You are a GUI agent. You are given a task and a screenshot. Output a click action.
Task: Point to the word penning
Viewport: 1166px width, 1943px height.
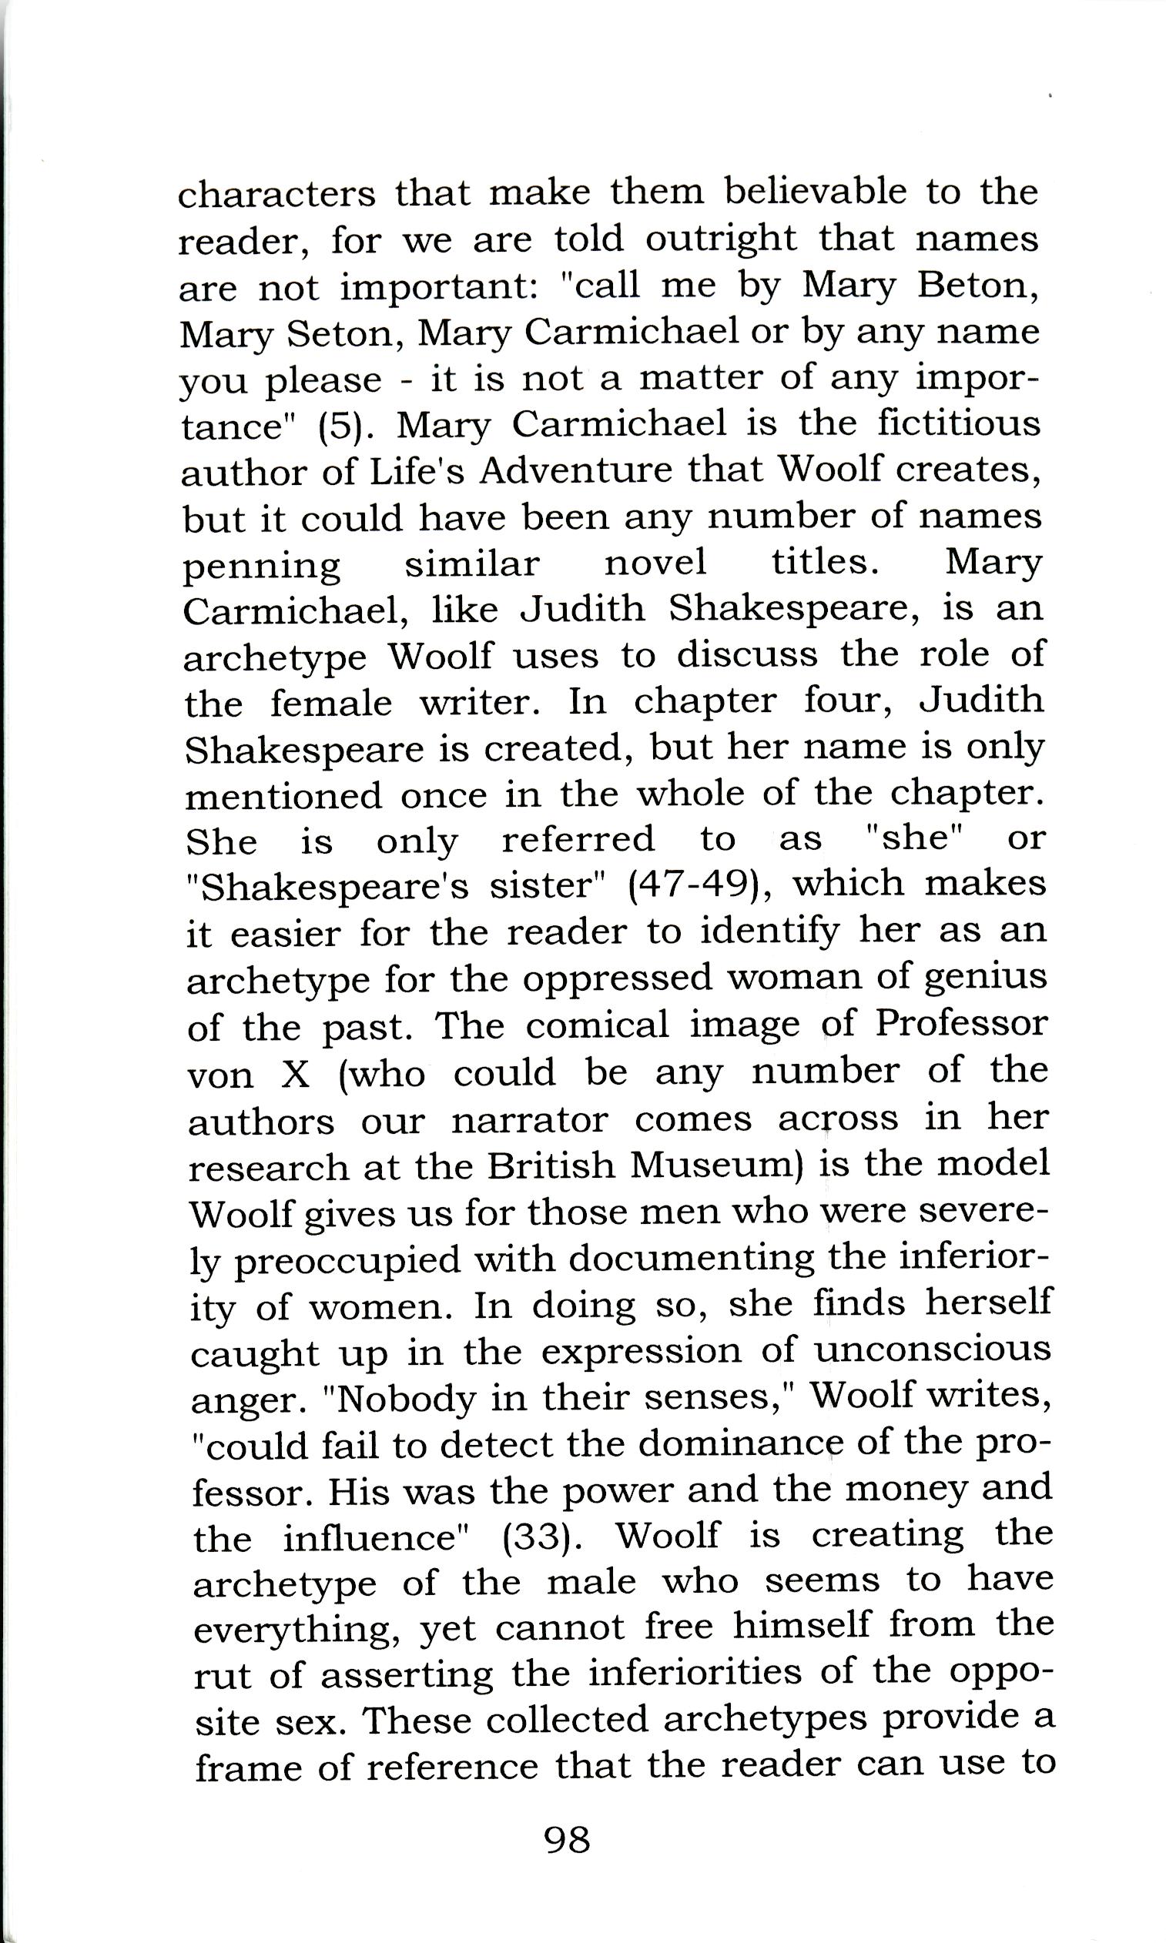(x=262, y=567)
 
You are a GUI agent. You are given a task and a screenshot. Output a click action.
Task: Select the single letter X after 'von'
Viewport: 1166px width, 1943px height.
(x=295, y=1074)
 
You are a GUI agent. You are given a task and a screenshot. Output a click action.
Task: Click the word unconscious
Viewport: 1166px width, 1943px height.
(x=932, y=1350)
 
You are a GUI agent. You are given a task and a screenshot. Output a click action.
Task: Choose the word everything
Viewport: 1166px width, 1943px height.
(x=300, y=1630)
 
